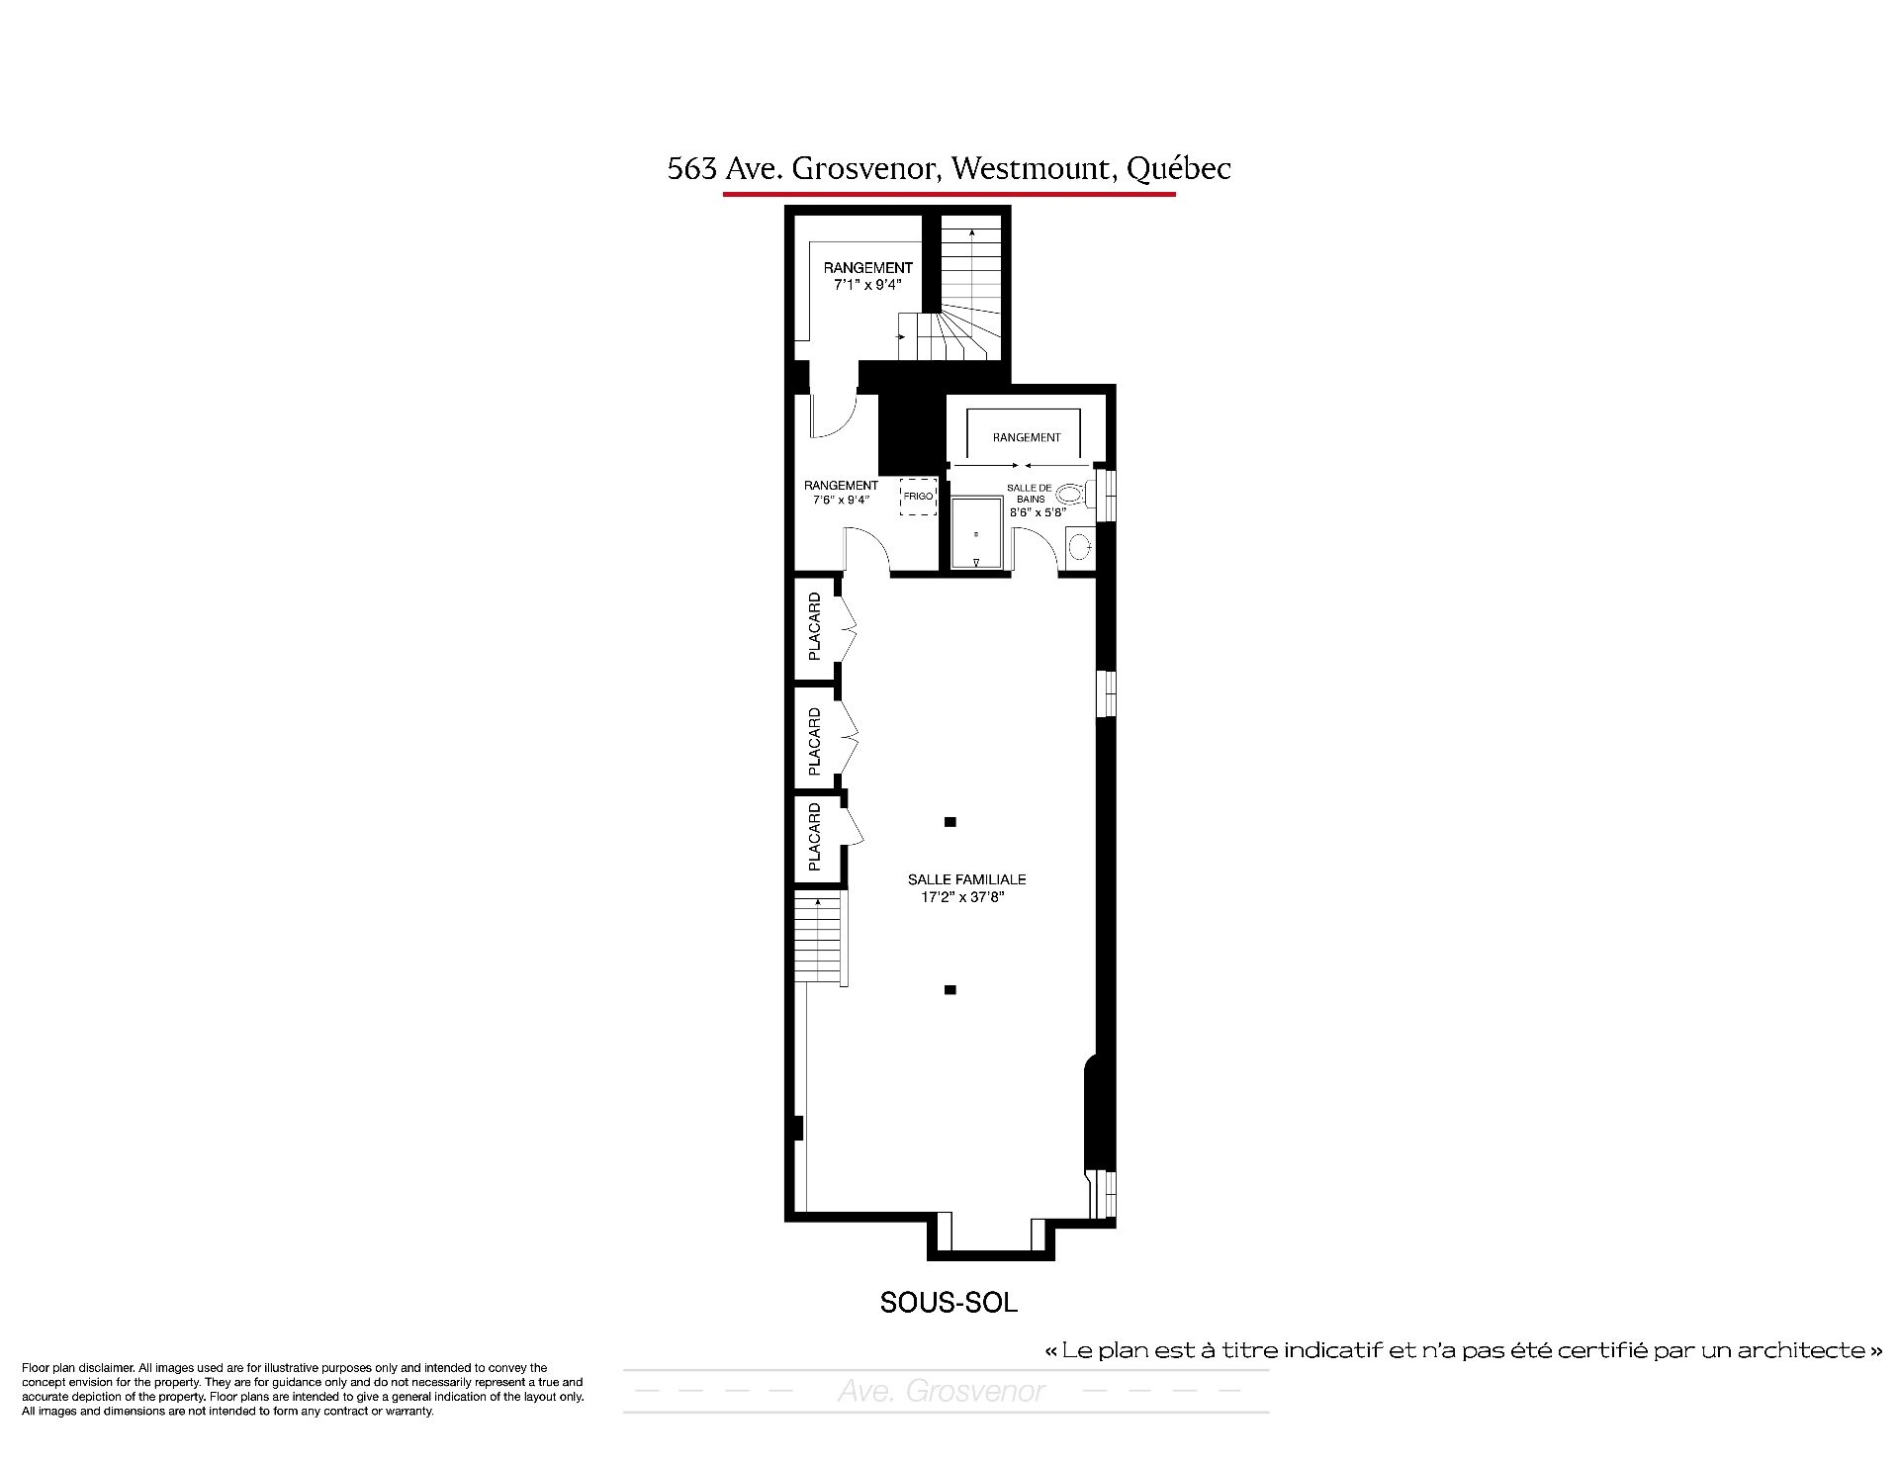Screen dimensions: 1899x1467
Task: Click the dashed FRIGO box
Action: coord(918,496)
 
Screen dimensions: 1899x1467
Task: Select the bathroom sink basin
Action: coord(1081,545)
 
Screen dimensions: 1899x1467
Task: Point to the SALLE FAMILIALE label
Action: coord(966,879)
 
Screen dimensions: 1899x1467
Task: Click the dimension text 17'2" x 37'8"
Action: coord(962,897)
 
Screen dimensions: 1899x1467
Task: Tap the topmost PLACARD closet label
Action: coord(814,626)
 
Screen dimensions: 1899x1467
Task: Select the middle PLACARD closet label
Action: coord(814,741)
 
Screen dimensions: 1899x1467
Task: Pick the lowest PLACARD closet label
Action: coord(814,837)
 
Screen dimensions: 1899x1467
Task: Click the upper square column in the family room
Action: coord(950,821)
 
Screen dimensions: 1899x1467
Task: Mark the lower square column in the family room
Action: coord(950,989)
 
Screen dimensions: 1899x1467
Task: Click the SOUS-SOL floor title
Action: coord(949,1303)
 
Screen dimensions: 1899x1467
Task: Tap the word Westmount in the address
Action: coord(1030,169)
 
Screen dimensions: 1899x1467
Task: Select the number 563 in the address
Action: coord(691,169)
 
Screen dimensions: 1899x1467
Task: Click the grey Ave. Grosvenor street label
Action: coord(941,1391)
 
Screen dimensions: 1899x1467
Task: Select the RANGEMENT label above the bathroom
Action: coord(1027,437)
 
